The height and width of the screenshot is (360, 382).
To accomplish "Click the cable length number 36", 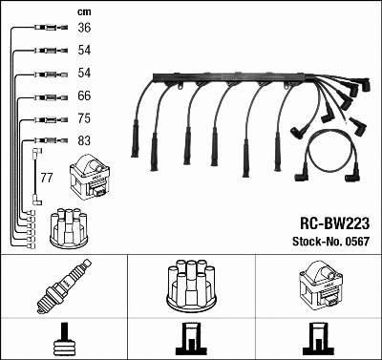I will pos(84,29).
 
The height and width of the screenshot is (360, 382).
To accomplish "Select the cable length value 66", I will pos(84,95).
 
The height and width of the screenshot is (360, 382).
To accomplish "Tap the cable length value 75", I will pos(84,118).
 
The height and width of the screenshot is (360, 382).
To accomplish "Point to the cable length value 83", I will pos(84,141).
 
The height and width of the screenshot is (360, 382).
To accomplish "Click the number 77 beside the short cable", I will pos(46,178).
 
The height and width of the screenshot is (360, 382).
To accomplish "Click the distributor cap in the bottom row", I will pos(190,286).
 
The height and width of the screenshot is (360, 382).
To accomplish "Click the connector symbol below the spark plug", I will pos(63,338).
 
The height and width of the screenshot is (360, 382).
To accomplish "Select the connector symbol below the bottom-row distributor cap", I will pos(190,338).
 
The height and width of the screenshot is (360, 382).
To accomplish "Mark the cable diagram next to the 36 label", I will pos(43,29).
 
